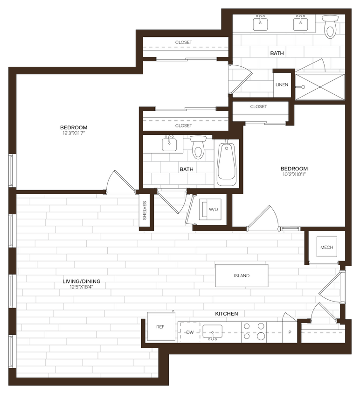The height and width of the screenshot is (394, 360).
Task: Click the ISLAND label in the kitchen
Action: coord(242,275)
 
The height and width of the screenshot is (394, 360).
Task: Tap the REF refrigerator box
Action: coord(160,327)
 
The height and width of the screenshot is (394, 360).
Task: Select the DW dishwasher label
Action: coord(190,332)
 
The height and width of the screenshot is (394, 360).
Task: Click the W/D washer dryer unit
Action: coord(213,210)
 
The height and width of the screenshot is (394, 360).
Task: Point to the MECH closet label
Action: coord(326,247)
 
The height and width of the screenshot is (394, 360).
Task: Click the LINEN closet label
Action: coord(282,85)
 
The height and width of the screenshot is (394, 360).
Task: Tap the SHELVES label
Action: coord(145,211)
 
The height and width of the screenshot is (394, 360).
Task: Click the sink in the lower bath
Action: coord(169,144)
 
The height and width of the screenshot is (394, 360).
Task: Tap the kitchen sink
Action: coord(213,334)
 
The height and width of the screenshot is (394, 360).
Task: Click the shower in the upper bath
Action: coord(320,87)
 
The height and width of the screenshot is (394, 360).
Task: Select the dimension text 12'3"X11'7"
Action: coord(74,133)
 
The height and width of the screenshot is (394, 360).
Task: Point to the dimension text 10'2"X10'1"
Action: coord(294,174)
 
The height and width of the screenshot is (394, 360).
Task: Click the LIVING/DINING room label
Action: coord(82,281)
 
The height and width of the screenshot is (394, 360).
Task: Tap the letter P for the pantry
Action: coord(290,332)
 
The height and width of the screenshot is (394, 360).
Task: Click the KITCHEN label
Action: coord(227,314)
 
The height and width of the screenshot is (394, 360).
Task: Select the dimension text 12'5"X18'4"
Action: coord(82,287)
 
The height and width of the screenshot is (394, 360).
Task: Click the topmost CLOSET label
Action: coord(184,42)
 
